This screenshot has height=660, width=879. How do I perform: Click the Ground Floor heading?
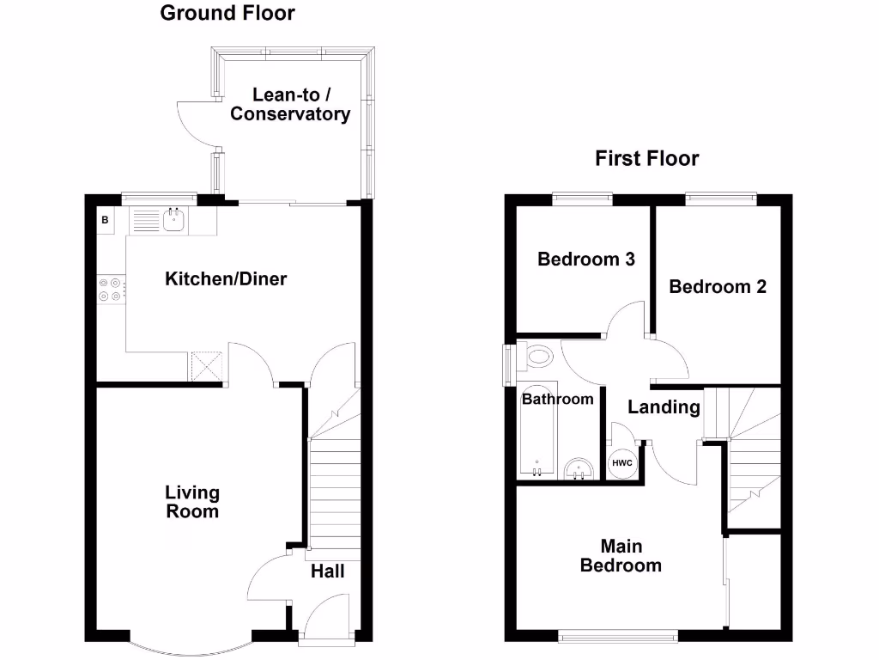point(227,13)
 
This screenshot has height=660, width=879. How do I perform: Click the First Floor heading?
point(646,159)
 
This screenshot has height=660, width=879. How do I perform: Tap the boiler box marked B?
point(106,221)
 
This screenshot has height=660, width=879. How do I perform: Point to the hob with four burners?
point(111,288)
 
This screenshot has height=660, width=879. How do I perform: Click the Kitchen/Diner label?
point(226,279)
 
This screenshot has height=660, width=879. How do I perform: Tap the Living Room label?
point(192,502)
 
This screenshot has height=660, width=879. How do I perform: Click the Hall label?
point(327,571)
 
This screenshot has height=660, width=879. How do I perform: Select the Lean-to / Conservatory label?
point(290,105)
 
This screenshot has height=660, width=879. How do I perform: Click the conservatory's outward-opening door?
point(193,123)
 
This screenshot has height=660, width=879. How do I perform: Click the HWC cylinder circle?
point(621,463)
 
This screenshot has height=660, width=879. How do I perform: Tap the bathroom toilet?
point(537,356)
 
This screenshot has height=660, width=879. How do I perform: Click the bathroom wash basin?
point(581,468)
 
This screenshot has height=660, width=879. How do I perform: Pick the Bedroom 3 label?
point(585,260)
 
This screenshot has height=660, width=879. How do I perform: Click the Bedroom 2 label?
point(718,287)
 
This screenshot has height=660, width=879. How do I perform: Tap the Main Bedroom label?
point(621,556)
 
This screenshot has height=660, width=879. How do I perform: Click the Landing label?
point(664,407)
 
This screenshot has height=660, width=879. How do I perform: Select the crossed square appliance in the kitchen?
point(206,365)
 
